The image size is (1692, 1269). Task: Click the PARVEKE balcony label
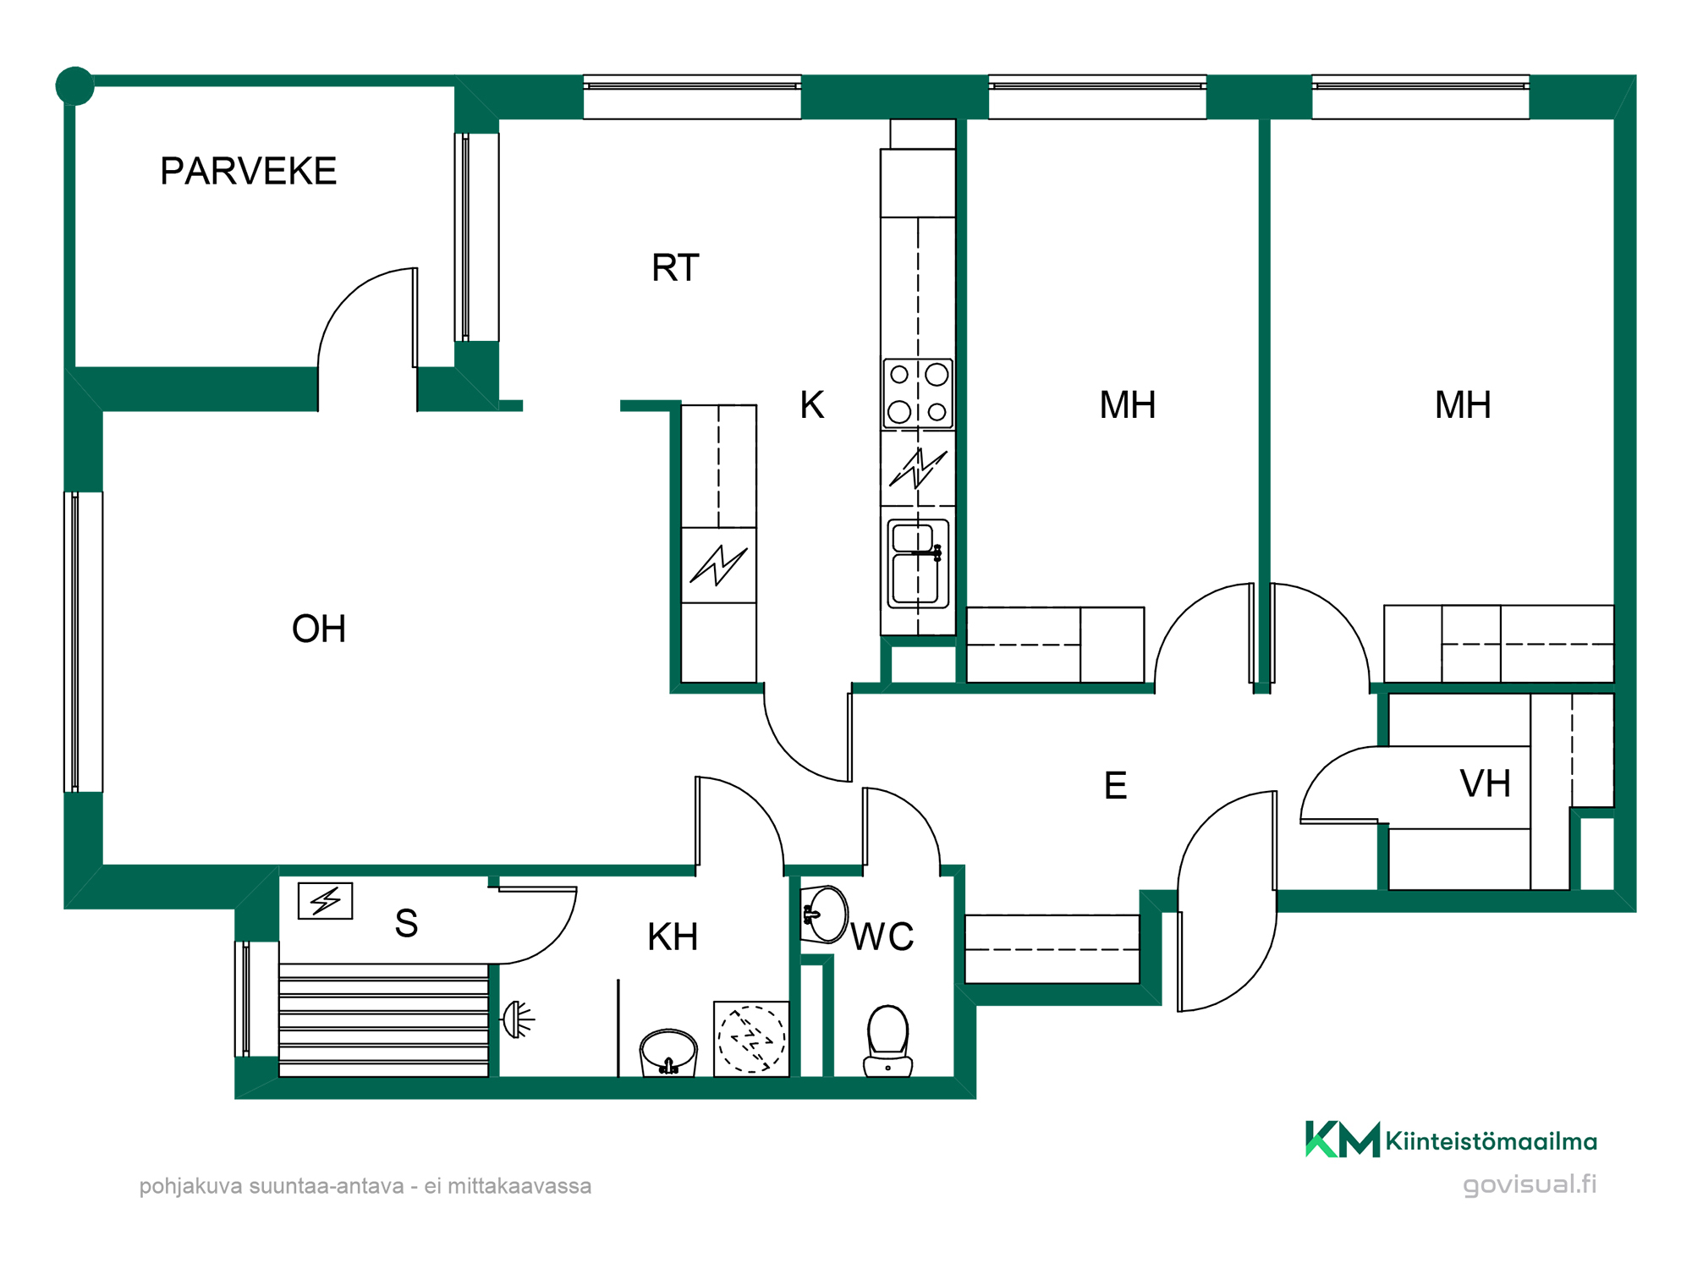tap(248, 171)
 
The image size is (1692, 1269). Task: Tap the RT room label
tap(675, 267)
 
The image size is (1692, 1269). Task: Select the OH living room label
tap(319, 629)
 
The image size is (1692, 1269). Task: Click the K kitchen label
tap(812, 404)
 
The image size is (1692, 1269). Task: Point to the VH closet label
tap(1485, 783)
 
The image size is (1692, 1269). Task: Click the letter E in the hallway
tap(1115, 785)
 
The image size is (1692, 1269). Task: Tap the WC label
tap(882, 937)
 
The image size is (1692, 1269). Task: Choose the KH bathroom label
tap(673, 937)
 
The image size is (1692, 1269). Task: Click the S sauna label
tap(406, 923)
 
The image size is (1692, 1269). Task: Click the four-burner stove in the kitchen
tap(918, 394)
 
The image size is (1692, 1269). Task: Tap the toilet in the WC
tap(887, 1041)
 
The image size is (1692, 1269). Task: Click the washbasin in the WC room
tap(824, 915)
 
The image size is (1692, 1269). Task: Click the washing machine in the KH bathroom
tap(751, 1039)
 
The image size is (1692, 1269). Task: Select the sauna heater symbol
tap(326, 901)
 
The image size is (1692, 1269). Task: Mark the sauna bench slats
tap(384, 1019)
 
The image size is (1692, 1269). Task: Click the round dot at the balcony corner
tap(74, 85)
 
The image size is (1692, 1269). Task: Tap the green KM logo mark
tap(1343, 1139)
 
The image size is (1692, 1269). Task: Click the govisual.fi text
tap(1530, 1184)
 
